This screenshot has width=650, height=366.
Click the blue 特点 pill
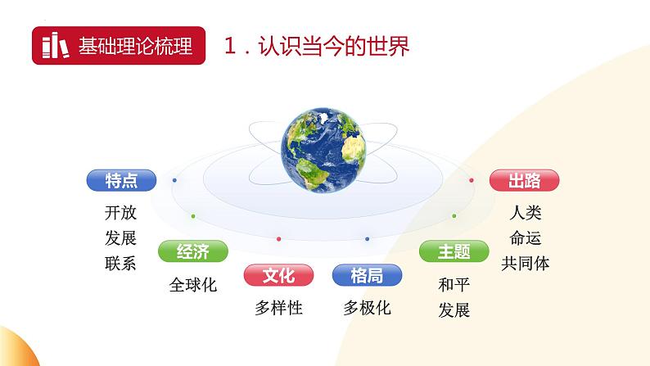tap(121, 180)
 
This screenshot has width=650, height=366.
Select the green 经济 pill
tap(193, 251)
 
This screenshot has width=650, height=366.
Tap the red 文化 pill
tap(278, 275)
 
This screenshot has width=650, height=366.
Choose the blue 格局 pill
tap(367, 275)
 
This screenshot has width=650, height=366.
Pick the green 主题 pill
tap(454, 251)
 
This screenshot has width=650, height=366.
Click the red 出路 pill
tap(525, 180)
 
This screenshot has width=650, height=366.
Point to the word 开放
tap(120, 213)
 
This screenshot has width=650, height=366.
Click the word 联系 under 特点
tap(120, 263)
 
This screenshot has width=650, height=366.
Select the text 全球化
tap(193, 285)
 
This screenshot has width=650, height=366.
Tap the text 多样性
tap(278, 308)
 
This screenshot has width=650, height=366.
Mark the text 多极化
tap(367, 308)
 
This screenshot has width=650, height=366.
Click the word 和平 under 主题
tap(454, 285)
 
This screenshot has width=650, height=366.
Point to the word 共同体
tap(526, 263)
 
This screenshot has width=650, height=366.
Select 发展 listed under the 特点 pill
tap(120, 238)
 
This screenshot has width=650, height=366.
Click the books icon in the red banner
tap(56, 45)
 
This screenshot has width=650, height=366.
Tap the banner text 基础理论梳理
tap(136, 46)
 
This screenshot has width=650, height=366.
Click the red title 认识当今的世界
tap(334, 46)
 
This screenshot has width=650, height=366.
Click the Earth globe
tap(323, 150)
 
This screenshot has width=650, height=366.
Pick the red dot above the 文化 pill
tap(278, 239)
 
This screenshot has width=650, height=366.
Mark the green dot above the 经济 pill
tap(193, 216)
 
